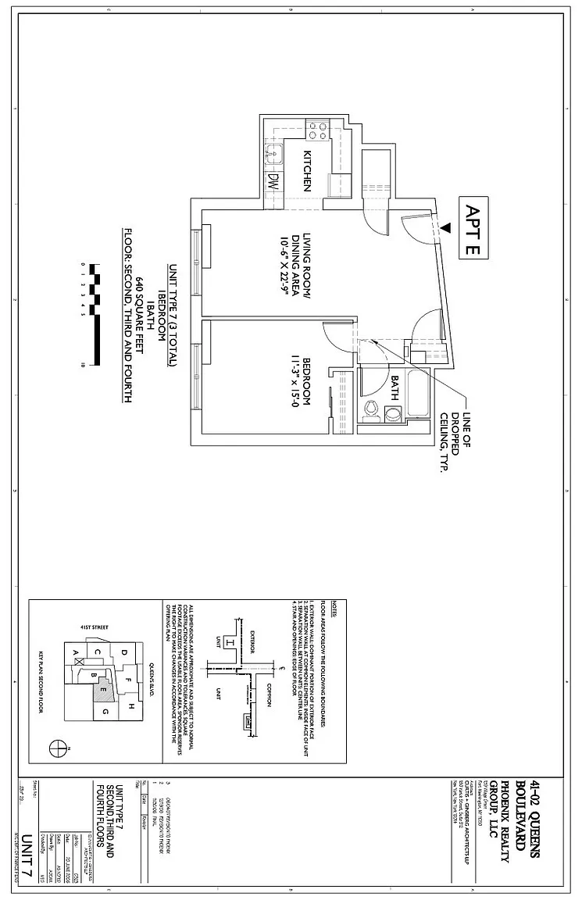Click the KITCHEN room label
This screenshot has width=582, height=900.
click(x=307, y=170)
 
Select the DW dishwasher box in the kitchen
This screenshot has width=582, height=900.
click(x=273, y=182)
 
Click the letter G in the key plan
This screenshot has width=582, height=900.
click(x=102, y=712)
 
